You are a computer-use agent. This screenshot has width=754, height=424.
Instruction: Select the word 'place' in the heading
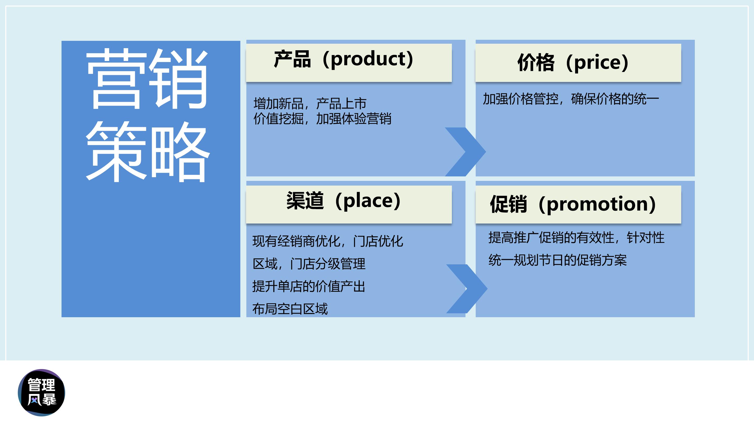(372, 201)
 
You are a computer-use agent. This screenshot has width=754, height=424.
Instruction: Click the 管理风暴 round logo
(41, 392)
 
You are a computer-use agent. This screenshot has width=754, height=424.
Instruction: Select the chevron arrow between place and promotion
(467, 288)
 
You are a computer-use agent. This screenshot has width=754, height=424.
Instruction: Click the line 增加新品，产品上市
(310, 104)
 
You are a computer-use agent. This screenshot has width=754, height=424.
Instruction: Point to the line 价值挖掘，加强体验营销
(322, 119)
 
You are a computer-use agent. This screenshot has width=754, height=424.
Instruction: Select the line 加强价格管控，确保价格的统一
(570, 99)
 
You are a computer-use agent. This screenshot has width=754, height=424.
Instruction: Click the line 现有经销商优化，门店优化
(328, 241)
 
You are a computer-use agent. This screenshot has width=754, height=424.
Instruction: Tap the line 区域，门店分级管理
(309, 264)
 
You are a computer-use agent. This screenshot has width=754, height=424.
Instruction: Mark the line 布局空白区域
(290, 309)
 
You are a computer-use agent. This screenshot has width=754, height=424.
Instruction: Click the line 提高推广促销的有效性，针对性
(576, 238)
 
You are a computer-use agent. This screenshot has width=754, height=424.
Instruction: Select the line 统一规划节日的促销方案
(557, 260)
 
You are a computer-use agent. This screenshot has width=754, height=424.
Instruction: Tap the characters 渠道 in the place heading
(305, 201)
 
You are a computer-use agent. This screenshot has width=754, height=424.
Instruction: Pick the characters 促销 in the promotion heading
(508, 204)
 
